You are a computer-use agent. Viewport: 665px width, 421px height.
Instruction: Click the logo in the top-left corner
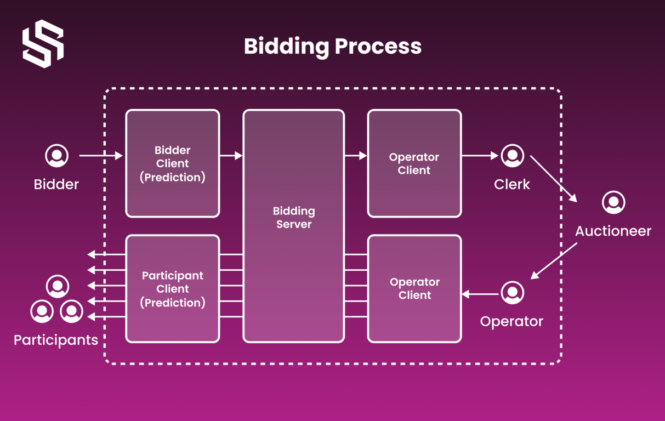click(x=43, y=44)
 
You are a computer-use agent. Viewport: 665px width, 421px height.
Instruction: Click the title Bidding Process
click(x=332, y=46)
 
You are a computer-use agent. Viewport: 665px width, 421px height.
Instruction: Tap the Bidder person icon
click(x=56, y=156)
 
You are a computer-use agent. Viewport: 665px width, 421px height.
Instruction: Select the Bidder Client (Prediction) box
click(x=173, y=163)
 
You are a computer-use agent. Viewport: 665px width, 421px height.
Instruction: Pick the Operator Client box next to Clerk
click(x=414, y=163)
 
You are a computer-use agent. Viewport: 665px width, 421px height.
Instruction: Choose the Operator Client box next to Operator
click(x=414, y=289)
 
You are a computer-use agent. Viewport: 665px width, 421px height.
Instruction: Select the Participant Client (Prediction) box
click(x=173, y=289)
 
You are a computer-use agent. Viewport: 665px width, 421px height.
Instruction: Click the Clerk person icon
click(x=512, y=156)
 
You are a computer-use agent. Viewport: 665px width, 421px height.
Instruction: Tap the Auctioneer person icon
click(x=613, y=202)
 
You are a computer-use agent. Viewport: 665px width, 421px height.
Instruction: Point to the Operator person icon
click(x=512, y=293)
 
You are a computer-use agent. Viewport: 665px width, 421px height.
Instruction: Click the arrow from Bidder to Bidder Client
click(x=101, y=156)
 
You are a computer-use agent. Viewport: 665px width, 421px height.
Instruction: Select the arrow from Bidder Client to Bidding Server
click(x=231, y=156)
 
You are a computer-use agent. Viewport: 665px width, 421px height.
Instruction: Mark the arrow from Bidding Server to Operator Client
click(x=356, y=156)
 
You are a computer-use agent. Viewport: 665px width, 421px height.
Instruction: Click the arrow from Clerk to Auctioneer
click(x=553, y=179)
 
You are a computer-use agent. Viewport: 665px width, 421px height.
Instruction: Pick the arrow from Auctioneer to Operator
click(x=554, y=261)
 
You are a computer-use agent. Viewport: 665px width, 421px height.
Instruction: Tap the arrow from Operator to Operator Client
click(x=480, y=294)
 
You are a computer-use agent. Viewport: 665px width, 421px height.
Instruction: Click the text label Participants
click(x=56, y=340)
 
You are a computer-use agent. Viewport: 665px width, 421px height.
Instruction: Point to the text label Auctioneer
click(x=613, y=231)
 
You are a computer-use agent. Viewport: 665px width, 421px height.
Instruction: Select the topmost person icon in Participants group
click(x=57, y=286)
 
